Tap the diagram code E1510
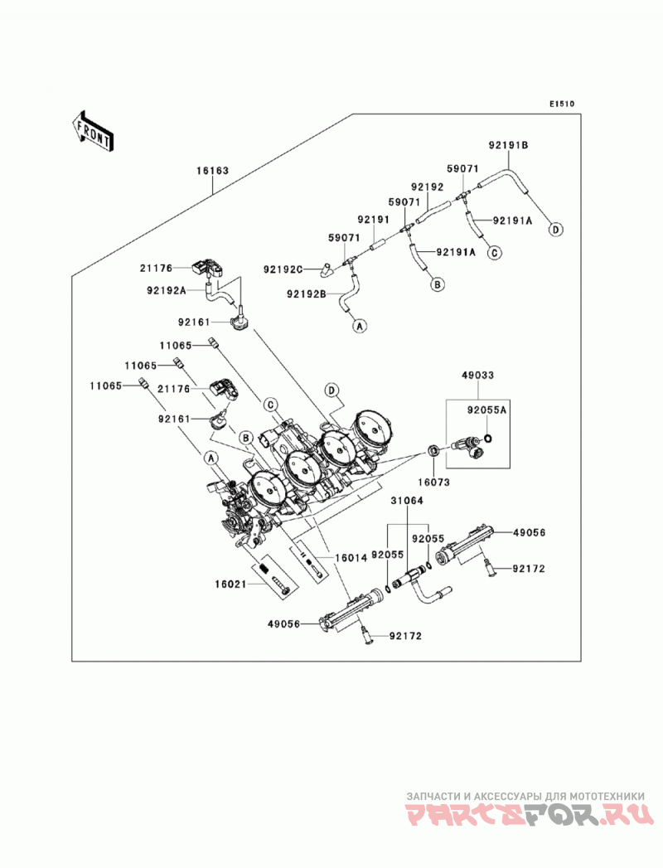(562, 104)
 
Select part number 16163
(212, 171)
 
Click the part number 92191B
(509, 146)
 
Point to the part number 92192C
(283, 269)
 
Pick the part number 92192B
(306, 294)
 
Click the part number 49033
(477, 376)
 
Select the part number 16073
(434, 482)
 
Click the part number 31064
(407, 501)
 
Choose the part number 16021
(231, 584)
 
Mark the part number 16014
(351, 558)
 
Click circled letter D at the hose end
(555, 229)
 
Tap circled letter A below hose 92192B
(360, 326)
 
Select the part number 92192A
(167, 289)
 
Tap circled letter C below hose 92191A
(494, 253)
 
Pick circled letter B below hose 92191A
(438, 284)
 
